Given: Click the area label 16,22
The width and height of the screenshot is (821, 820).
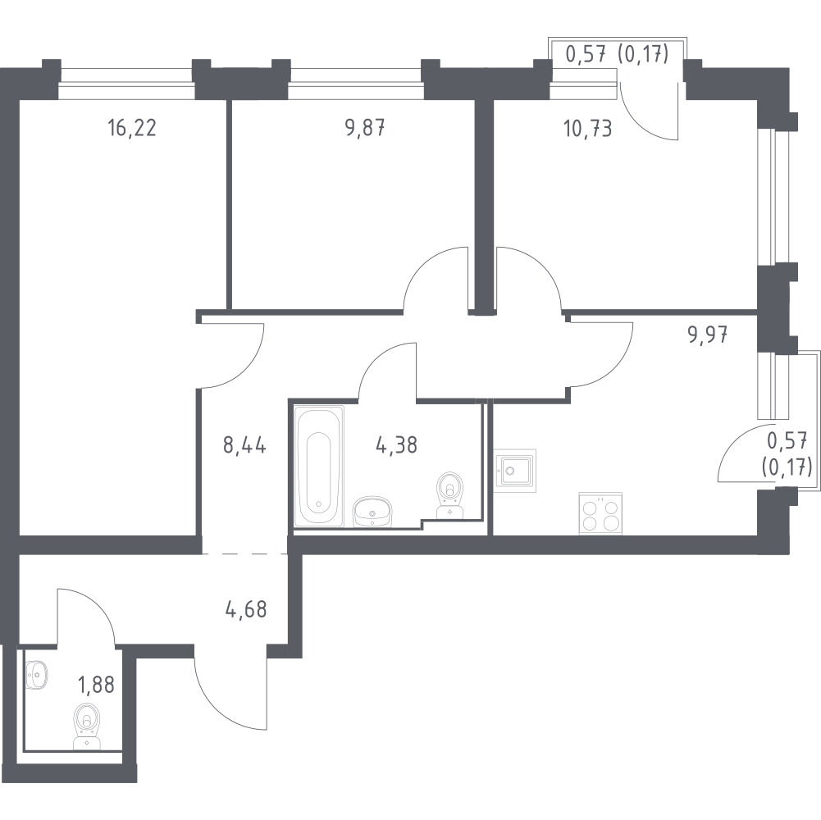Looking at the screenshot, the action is click(132, 128).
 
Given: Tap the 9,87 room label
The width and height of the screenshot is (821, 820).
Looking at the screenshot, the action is click(366, 128).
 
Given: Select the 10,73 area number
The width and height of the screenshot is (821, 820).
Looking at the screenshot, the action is click(587, 128).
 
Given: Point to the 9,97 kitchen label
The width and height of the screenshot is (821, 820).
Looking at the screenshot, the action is click(708, 334).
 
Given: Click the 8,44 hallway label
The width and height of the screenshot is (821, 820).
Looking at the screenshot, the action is click(244, 446).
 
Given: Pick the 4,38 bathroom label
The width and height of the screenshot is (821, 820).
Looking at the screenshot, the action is click(397, 445).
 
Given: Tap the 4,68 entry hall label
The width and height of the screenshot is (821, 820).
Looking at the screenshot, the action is click(245, 610).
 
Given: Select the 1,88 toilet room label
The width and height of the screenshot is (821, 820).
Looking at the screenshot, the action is click(96, 685).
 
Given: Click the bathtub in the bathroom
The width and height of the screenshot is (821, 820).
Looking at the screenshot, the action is click(319, 466).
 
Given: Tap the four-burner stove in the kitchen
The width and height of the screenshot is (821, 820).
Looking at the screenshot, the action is click(600, 513).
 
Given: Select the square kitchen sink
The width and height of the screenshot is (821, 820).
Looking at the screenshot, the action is click(515, 471).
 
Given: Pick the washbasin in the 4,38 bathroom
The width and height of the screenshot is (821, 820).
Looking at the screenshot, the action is click(372, 512).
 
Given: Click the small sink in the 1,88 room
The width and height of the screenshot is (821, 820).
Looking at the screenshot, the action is click(36, 674).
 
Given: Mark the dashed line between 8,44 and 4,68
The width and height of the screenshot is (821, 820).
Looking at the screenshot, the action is click(244, 553).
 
